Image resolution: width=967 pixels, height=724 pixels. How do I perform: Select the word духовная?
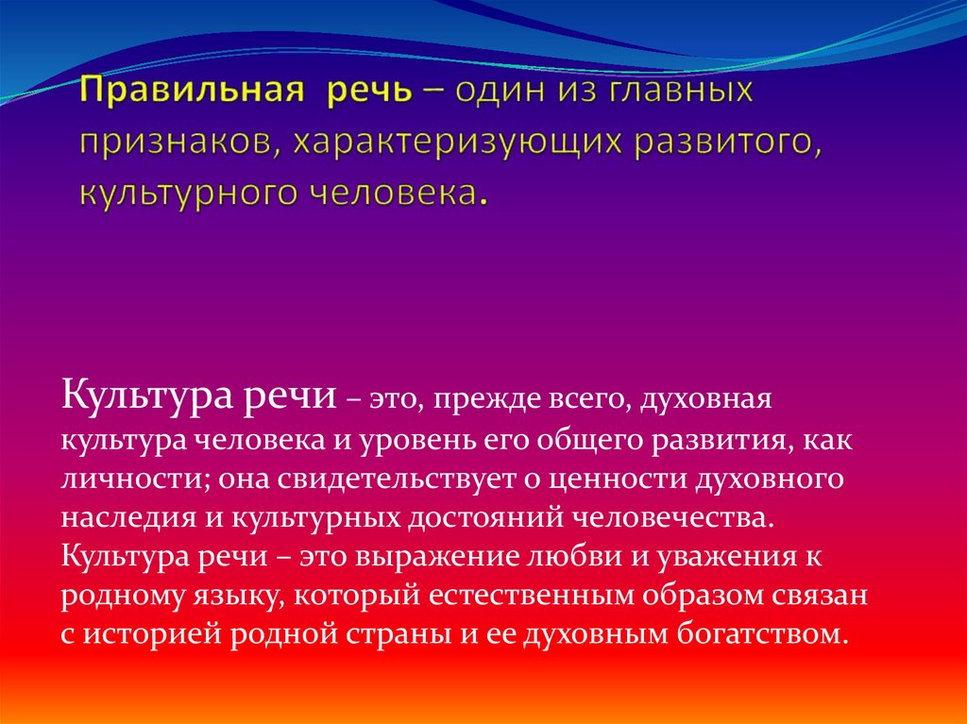705,399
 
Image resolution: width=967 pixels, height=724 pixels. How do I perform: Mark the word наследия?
127,518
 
